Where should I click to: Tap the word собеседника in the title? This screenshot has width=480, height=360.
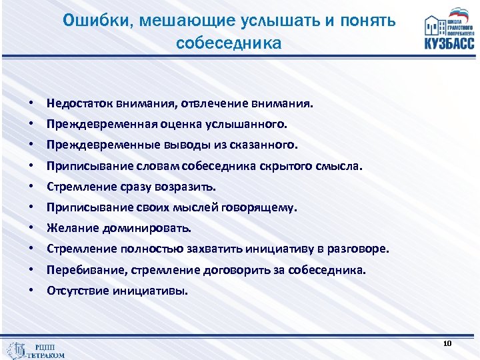(229, 43)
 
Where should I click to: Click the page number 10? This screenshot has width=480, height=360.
(447, 343)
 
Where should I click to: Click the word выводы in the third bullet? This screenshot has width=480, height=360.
(186, 145)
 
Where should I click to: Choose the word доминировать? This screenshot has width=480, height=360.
(147, 228)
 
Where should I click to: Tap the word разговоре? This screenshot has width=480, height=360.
(359, 249)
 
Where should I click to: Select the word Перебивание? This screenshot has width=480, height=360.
(79, 271)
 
